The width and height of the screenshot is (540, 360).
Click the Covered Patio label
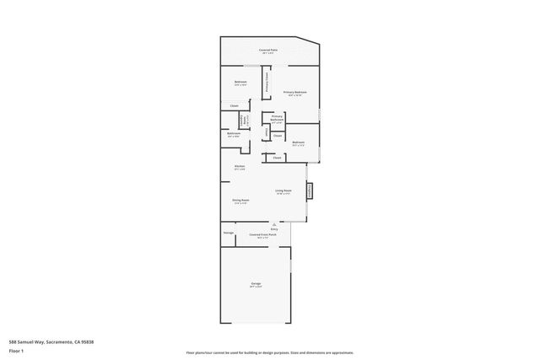(269, 50)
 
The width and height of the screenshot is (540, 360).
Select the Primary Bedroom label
(294, 91)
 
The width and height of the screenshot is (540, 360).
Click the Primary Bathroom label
(277, 118)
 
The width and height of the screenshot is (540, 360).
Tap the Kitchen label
(240, 166)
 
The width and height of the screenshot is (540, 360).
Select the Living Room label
(283, 191)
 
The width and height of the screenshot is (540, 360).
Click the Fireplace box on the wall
(310, 191)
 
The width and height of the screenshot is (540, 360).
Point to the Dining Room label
(240, 200)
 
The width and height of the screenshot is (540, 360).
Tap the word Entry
(274, 228)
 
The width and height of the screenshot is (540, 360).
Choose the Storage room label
(228, 233)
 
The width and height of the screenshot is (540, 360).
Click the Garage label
(256, 284)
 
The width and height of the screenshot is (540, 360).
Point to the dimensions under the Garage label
(256, 287)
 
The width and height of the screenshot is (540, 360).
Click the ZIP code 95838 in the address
(84, 341)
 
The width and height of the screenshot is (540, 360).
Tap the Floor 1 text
(17, 350)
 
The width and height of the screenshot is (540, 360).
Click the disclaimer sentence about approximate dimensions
(269, 352)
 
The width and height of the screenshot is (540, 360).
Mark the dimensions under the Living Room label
(283, 194)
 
